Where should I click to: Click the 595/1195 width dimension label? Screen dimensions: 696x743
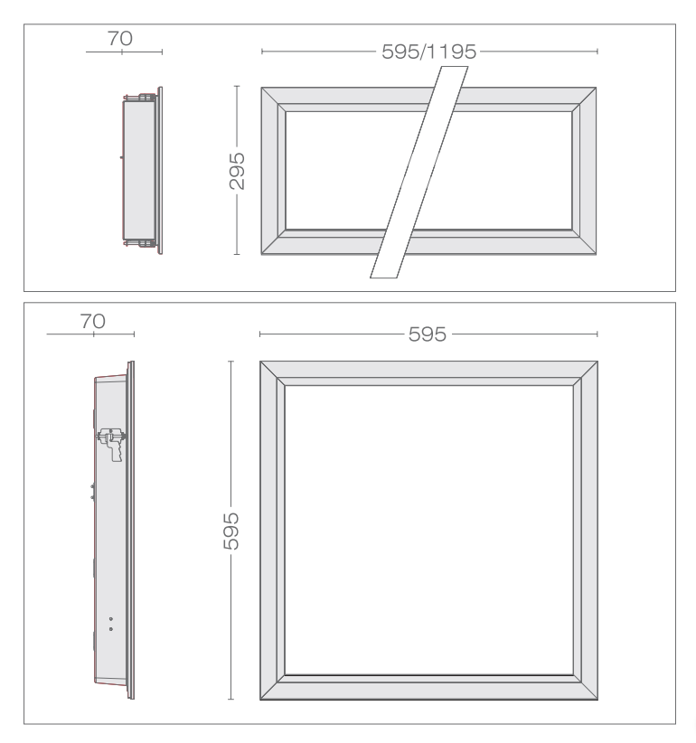[428, 52]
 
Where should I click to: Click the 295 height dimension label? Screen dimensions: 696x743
[237, 171]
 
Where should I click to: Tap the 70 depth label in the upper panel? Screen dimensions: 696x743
[120, 38]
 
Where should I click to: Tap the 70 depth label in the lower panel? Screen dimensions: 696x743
[92, 321]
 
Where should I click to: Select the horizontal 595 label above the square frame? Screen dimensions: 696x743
[428, 334]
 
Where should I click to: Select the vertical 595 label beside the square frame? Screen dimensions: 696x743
[230, 531]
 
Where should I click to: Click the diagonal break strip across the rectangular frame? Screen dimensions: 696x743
[419, 172]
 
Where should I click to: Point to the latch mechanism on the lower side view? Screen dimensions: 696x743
[112, 444]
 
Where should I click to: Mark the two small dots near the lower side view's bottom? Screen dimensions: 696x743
[111, 624]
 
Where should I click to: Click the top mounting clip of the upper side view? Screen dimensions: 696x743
[140, 97]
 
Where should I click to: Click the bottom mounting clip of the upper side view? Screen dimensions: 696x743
[140, 243]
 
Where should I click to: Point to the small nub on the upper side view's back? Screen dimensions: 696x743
[121, 157]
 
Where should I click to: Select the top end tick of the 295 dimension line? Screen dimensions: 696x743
[237, 86]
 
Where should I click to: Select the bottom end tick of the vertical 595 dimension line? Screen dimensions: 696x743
[230, 699]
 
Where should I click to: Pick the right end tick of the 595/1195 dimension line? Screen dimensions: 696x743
[597, 52]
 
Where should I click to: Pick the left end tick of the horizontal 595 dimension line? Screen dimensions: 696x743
[259, 334]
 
